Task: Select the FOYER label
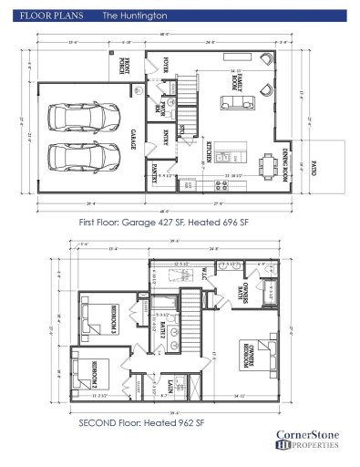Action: click(x=167, y=67)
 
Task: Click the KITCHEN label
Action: click(x=209, y=152)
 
